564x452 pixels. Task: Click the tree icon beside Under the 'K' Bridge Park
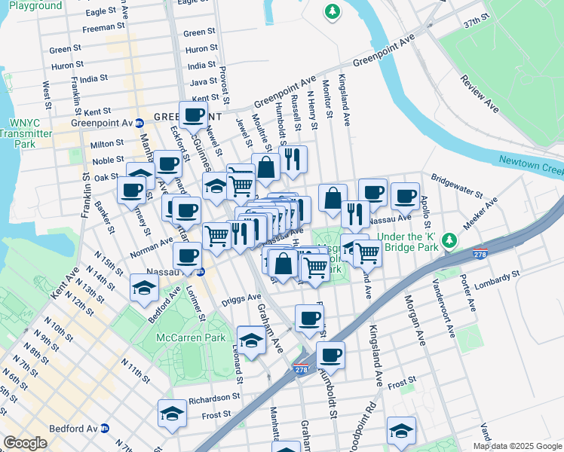pos(449,240)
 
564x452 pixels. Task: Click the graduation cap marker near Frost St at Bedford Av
pos(172,414)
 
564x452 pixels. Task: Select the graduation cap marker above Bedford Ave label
pos(144,287)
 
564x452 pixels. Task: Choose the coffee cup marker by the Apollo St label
pos(404,197)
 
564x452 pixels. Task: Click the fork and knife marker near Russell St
pos(292,159)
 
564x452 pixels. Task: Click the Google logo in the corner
pos(25,443)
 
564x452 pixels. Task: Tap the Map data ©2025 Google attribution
pos(517,446)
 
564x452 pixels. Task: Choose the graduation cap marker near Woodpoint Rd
pos(401,430)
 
